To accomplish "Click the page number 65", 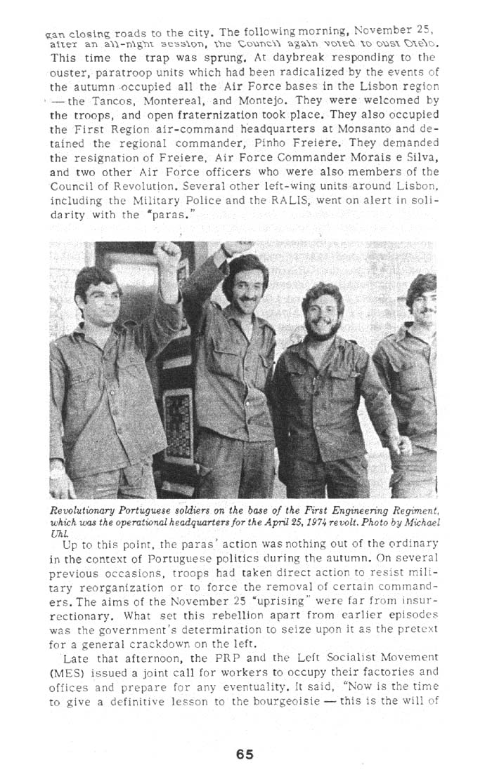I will tap(245, 754).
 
